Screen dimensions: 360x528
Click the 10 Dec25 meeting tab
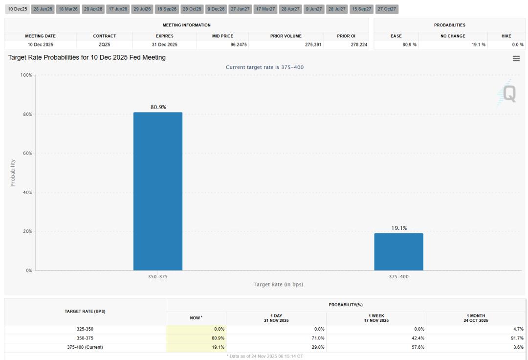point(17,9)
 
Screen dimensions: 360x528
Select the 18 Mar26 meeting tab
point(67,9)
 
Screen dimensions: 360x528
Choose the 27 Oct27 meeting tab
point(387,9)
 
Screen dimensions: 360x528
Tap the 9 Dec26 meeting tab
point(216,9)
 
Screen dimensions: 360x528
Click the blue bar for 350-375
point(158,191)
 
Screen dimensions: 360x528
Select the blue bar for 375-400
point(398,251)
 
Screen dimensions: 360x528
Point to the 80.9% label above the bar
point(158,107)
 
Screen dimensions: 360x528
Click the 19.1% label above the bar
point(399,228)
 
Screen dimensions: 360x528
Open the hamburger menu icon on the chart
point(516,59)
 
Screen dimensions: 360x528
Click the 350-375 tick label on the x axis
point(158,276)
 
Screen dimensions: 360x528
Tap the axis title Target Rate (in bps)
point(278,284)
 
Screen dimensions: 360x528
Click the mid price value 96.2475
point(222,45)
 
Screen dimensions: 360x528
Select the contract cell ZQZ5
point(104,45)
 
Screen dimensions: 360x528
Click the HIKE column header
point(506,36)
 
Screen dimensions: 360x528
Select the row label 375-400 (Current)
point(85,347)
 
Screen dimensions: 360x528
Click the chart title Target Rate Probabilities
point(87,57)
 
